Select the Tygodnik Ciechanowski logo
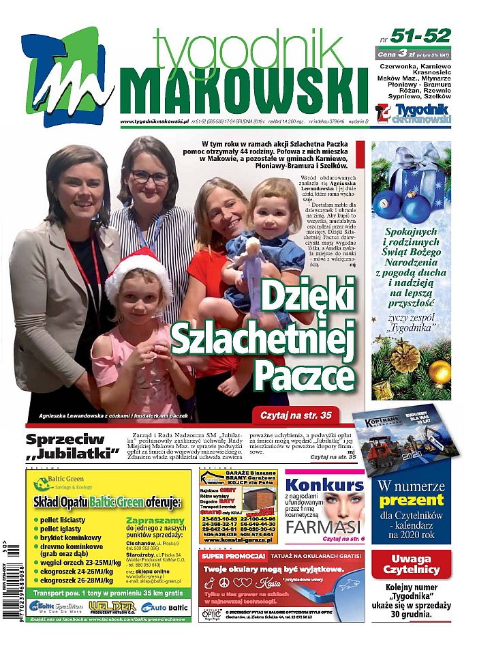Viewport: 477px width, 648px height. (413, 113)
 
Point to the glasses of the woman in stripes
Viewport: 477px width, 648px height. (150, 177)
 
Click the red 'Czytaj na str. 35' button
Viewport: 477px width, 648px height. (295, 414)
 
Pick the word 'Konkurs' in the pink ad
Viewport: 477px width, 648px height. (324, 485)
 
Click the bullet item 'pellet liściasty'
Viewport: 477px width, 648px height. (65, 520)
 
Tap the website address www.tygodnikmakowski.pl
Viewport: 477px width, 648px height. (154, 122)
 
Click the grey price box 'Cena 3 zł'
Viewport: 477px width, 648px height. (413, 54)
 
